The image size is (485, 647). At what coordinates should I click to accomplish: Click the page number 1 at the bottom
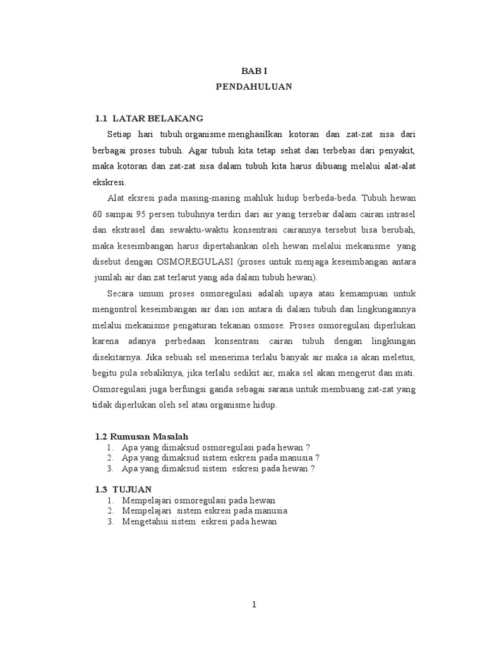254,605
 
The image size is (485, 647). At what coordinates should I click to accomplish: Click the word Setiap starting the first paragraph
120,135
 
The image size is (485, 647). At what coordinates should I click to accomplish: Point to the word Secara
121,294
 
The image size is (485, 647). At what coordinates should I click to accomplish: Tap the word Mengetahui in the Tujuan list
146,522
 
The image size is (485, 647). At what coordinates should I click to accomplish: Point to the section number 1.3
101,490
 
